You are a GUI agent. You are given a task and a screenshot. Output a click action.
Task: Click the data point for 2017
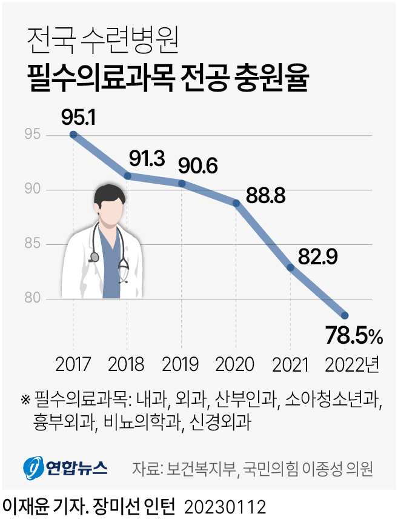coord(73,135)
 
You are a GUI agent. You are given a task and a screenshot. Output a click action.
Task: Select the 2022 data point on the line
coord(345,315)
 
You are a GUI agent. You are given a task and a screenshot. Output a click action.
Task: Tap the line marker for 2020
coord(236,204)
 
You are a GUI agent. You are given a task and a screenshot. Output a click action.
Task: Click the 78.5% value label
coord(354,334)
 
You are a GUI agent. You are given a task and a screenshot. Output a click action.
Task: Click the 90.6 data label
coord(197,165)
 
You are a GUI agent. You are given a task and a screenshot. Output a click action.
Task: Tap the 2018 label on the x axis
coord(127,364)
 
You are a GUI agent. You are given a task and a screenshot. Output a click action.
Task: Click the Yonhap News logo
coord(65,467)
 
